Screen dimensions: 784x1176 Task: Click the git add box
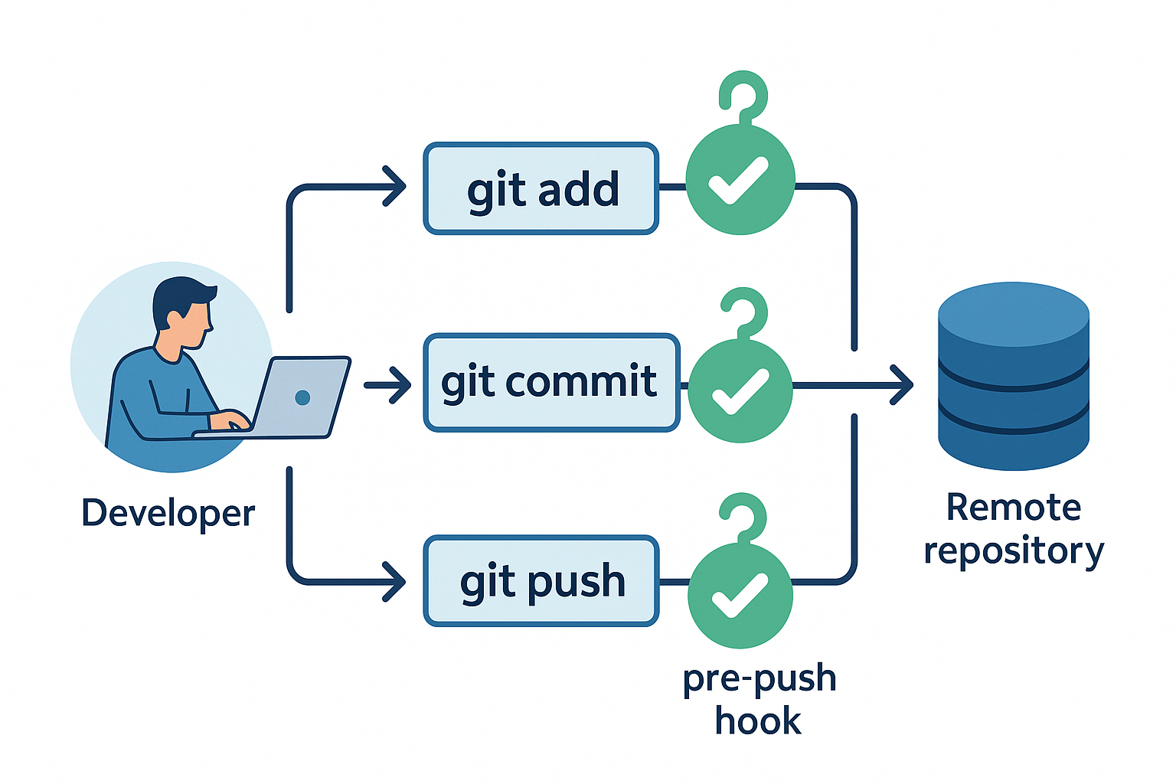(x=541, y=188)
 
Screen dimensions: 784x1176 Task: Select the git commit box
(x=551, y=382)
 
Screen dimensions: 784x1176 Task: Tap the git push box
(x=541, y=581)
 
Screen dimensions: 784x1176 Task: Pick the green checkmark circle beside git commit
(x=740, y=390)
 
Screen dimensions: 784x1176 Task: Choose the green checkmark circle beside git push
(x=740, y=595)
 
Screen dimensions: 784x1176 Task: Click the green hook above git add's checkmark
(x=743, y=96)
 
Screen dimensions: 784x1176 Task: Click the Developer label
(x=168, y=513)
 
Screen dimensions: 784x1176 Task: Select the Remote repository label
(x=1013, y=529)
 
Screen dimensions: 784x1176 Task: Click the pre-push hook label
(x=759, y=699)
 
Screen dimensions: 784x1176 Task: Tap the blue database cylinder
(x=1013, y=376)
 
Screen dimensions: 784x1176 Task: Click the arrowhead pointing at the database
(x=903, y=384)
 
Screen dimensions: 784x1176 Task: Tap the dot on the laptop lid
(x=302, y=397)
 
